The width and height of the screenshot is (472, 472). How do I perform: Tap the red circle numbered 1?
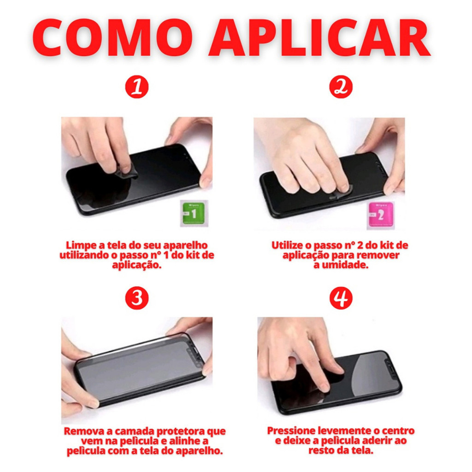(x=137, y=87)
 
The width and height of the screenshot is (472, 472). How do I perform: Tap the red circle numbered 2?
(x=341, y=87)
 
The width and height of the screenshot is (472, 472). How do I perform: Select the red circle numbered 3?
(x=137, y=298)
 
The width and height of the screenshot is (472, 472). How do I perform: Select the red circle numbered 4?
(x=341, y=298)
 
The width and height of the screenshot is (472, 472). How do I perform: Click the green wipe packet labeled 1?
(x=194, y=213)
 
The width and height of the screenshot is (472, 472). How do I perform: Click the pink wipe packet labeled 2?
(x=380, y=215)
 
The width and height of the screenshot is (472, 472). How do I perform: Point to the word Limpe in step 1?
(x=81, y=245)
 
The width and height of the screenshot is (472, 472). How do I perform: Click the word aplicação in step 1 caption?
(x=136, y=265)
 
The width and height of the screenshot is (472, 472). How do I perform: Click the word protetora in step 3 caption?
(x=181, y=431)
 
